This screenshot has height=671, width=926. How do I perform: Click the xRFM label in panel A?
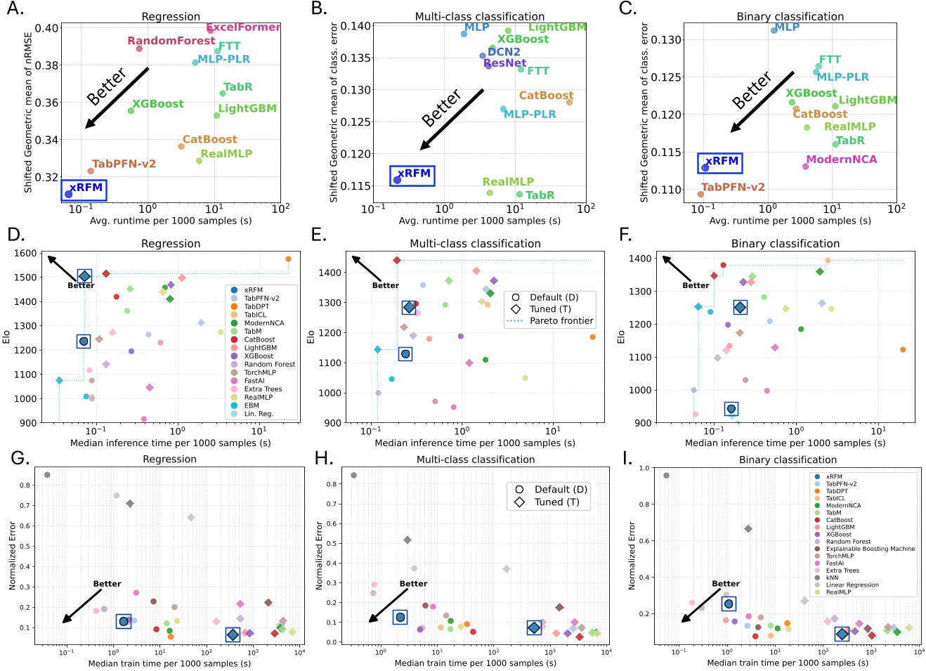pos(86,188)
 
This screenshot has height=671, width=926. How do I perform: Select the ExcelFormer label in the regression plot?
pos(243,27)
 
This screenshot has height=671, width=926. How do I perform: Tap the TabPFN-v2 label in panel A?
pos(124,164)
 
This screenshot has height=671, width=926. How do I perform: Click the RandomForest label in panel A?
pos(171,41)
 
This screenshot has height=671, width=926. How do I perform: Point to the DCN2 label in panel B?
pos(504,52)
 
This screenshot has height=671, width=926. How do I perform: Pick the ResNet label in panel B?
pos(504,63)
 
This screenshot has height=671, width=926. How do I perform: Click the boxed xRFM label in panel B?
pos(413,174)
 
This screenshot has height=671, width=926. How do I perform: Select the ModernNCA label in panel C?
pos(841,159)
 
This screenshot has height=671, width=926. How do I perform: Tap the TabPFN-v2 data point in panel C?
pos(700,195)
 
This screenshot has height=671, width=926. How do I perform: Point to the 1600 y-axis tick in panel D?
pos(25,254)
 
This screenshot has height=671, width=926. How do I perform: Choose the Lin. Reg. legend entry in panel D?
pos(258,414)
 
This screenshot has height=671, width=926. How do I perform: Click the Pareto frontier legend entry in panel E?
pos(561,321)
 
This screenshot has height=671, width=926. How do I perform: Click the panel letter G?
pos(20,459)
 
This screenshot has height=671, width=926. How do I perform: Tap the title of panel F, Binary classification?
pos(785,244)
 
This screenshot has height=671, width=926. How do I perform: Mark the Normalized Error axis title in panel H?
pos(320,555)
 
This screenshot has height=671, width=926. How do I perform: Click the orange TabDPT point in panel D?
pos(288,259)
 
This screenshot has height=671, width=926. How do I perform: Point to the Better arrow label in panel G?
pos(107,584)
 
